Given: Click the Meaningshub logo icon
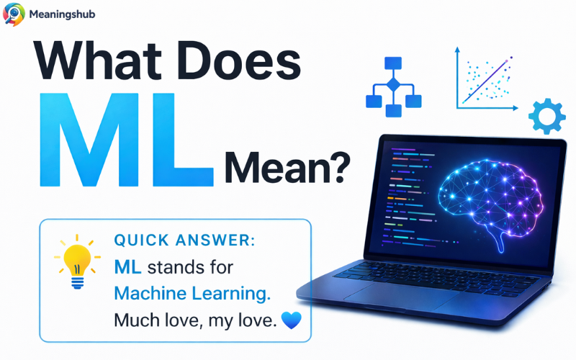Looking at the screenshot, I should pos(14,14).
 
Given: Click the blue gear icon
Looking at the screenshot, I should pos(546,116).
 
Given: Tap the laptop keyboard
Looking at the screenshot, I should pos(432,274).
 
